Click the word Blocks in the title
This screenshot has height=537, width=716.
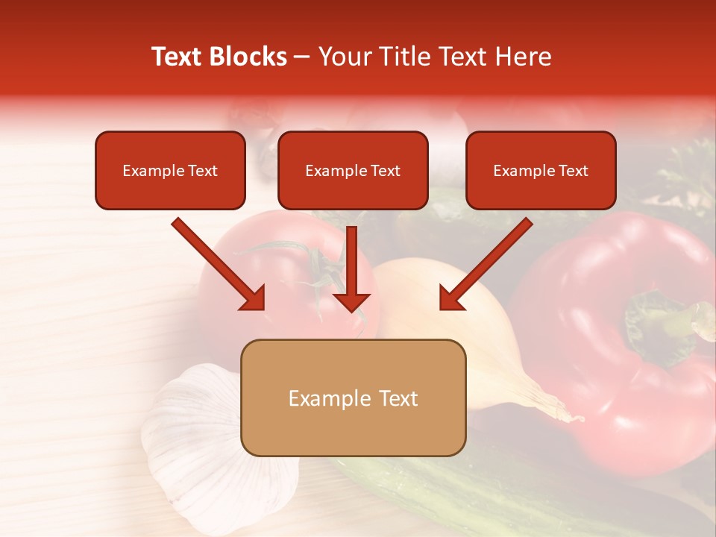[249, 57]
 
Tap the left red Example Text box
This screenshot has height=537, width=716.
[170, 170]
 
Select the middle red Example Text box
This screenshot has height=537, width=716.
[353, 170]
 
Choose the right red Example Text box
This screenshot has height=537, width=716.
[541, 170]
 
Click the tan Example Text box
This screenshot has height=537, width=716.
[353, 398]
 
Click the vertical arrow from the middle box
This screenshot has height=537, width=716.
[351, 268]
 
